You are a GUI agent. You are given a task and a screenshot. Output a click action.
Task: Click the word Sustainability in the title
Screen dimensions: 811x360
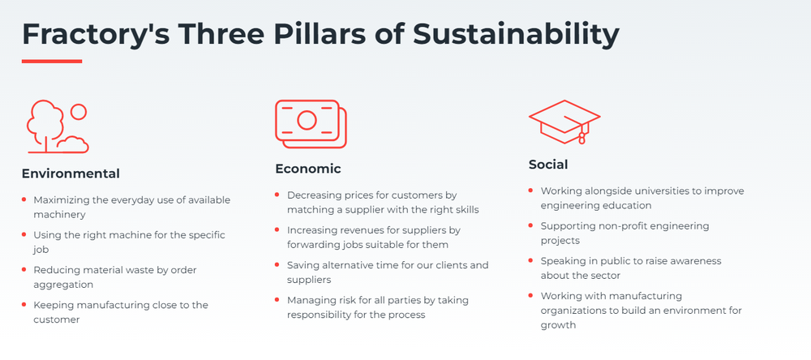click(x=516, y=35)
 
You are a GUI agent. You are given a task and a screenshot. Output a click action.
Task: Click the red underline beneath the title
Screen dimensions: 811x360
click(x=52, y=61)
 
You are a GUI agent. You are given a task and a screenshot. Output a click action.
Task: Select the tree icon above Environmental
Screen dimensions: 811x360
click(x=58, y=126)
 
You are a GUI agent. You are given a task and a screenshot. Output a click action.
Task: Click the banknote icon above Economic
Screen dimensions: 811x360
click(x=311, y=124)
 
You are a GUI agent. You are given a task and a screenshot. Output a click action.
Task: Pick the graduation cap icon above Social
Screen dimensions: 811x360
click(x=564, y=122)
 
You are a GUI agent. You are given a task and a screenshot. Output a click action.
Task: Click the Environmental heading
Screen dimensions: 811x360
click(x=71, y=174)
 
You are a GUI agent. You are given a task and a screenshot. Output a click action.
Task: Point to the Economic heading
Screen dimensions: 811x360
click(x=308, y=169)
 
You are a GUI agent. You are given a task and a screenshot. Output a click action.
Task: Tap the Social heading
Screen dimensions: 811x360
click(x=548, y=165)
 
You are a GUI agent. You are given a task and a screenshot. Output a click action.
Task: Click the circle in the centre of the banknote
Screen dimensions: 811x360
click(x=307, y=121)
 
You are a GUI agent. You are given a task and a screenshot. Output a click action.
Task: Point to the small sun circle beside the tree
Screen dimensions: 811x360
click(x=79, y=112)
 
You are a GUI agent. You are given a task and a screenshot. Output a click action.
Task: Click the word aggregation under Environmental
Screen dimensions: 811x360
click(x=63, y=285)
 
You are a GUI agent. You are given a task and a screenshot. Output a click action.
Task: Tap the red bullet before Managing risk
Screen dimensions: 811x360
click(x=277, y=299)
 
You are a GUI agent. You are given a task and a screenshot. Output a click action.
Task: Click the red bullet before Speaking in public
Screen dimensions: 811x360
click(x=530, y=261)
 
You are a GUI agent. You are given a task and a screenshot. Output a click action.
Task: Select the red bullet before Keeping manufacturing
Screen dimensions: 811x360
click(x=24, y=305)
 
